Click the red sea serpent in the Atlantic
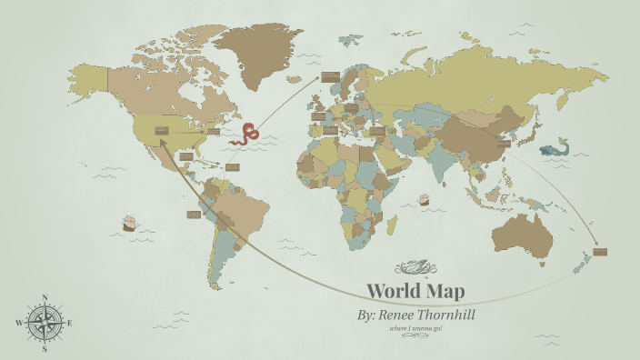pyautogui.click(x=245, y=135)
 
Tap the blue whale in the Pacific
pyautogui.click(x=554, y=148)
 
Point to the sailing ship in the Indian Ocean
pyautogui.click(x=423, y=199)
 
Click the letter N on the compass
pyautogui.click(x=45, y=297)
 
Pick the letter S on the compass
pyautogui.click(x=45, y=348)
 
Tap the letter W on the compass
pyautogui.click(x=18, y=323)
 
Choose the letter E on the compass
pyautogui.click(x=70, y=323)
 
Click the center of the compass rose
pyautogui.click(x=45, y=323)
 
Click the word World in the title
pyautogui.click(x=395, y=292)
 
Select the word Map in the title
pyautogui.click(x=446, y=292)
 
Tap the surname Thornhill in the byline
pyautogui.click(x=443, y=315)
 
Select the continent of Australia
pyautogui.click(x=524, y=234)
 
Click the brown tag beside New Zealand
pyautogui.click(x=599, y=251)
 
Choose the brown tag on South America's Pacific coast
pyautogui.click(x=193, y=215)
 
